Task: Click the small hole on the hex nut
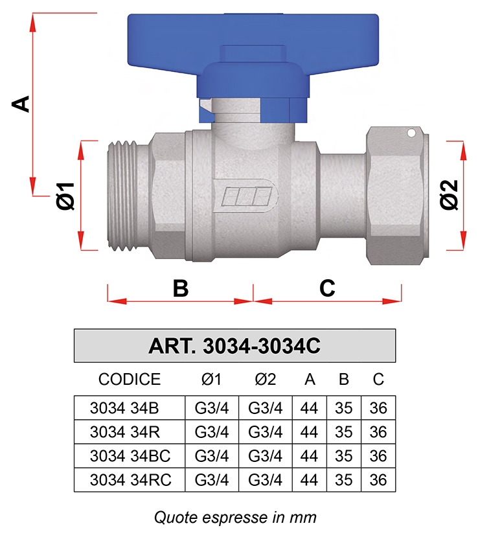coord(411,133)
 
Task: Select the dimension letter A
coord(21,104)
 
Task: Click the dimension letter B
coord(181,288)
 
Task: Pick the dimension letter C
coord(327,288)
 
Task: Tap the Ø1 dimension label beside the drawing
coord(65,196)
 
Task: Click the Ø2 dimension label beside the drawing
coord(449,194)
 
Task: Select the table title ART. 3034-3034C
coord(234,346)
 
